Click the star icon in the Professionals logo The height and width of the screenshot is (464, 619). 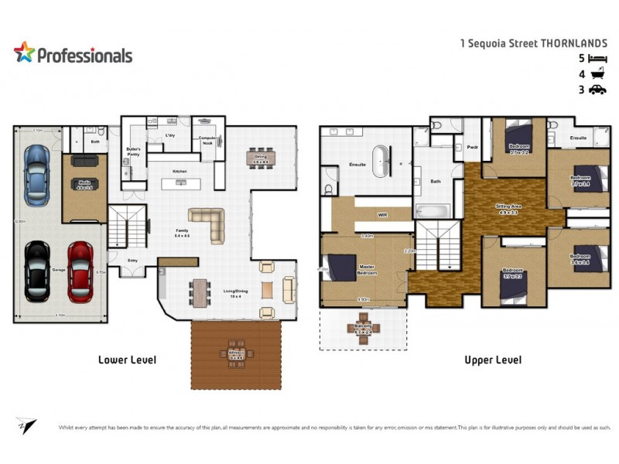(25, 53)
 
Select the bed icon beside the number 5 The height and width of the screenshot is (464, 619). (597, 59)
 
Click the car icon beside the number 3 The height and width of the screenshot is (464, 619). (597, 90)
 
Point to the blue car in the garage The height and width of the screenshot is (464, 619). (36, 175)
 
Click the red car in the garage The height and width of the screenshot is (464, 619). (80, 271)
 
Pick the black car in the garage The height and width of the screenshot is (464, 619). (36, 271)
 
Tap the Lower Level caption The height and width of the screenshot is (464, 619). (127, 360)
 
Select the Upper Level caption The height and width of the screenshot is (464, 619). (492, 360)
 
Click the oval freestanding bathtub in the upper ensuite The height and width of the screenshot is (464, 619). (381, 163)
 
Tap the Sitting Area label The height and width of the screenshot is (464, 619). (508, 207)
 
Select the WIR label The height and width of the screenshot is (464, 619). (381, 215)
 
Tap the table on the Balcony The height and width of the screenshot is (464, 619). (364, 324)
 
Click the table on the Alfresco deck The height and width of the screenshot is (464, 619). (236, 353)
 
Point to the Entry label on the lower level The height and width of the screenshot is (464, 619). (132, 261)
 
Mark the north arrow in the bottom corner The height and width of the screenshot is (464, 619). (26, 425)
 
